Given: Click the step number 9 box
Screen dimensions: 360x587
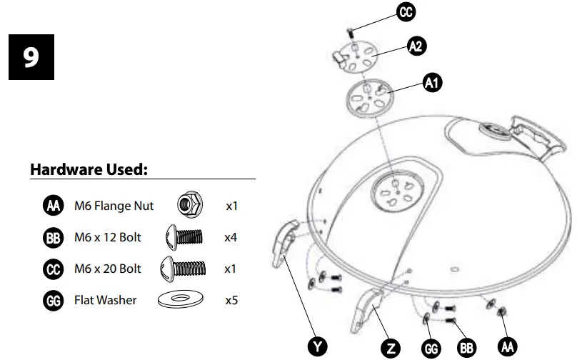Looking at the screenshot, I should point(31,57).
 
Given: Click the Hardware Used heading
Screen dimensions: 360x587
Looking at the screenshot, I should point(89,169).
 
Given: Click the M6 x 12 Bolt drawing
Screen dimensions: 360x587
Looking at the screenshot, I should point(184,236).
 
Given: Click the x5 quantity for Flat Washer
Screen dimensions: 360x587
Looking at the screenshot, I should point(231,300).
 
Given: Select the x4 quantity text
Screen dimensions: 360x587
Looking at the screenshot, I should point(230,237).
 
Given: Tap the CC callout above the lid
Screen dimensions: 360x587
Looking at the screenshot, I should point(406,12).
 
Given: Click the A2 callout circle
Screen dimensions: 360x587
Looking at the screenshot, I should point(416,46).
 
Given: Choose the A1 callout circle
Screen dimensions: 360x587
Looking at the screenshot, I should point(432,83).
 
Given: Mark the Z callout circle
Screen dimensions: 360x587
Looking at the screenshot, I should point(389,348).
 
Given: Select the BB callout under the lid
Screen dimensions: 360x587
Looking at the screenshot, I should point(467,348).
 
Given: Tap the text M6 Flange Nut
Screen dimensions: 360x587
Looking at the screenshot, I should point(114,206).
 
